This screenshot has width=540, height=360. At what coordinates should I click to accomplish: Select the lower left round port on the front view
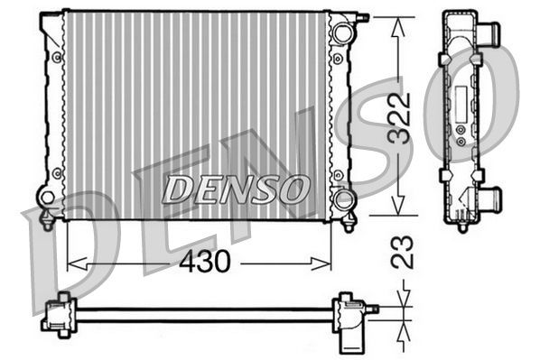tap(47, 196)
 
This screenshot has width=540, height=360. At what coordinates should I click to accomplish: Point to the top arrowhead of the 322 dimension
tap(395, 23)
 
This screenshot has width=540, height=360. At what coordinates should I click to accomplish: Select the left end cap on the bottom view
tap(56, 315)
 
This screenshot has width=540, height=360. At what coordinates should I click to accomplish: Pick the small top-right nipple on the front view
tap(364, 16)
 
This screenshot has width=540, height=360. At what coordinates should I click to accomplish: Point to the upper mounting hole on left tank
tap(57, 57)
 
